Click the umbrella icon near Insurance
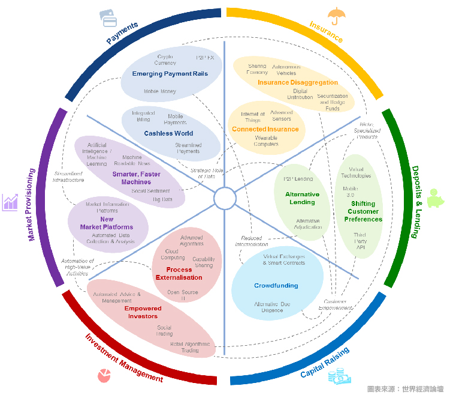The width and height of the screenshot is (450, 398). click(336, 14)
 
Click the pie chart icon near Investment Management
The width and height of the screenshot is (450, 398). click(105, 375)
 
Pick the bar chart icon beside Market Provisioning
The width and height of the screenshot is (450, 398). click(10, 202)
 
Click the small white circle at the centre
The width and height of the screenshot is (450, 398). click(225, 198)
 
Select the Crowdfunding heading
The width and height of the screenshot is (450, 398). click(276, 286)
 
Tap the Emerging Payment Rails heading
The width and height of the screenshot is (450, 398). click(170, 74)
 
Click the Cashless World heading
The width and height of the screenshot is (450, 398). click(168, 133)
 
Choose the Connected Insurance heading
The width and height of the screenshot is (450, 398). click(265, 129)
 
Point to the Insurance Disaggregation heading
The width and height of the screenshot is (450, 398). click(298, 82)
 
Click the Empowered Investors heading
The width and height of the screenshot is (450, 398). click(143, 312)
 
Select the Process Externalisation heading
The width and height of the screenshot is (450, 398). click(179, 274)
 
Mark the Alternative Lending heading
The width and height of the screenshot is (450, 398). click(302, 198)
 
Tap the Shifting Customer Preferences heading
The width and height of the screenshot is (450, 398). click(363, 211)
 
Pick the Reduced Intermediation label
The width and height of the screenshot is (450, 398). click(251, 241)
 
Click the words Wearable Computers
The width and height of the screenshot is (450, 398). click(266, 140)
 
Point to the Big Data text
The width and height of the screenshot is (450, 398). click(162, 199)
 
